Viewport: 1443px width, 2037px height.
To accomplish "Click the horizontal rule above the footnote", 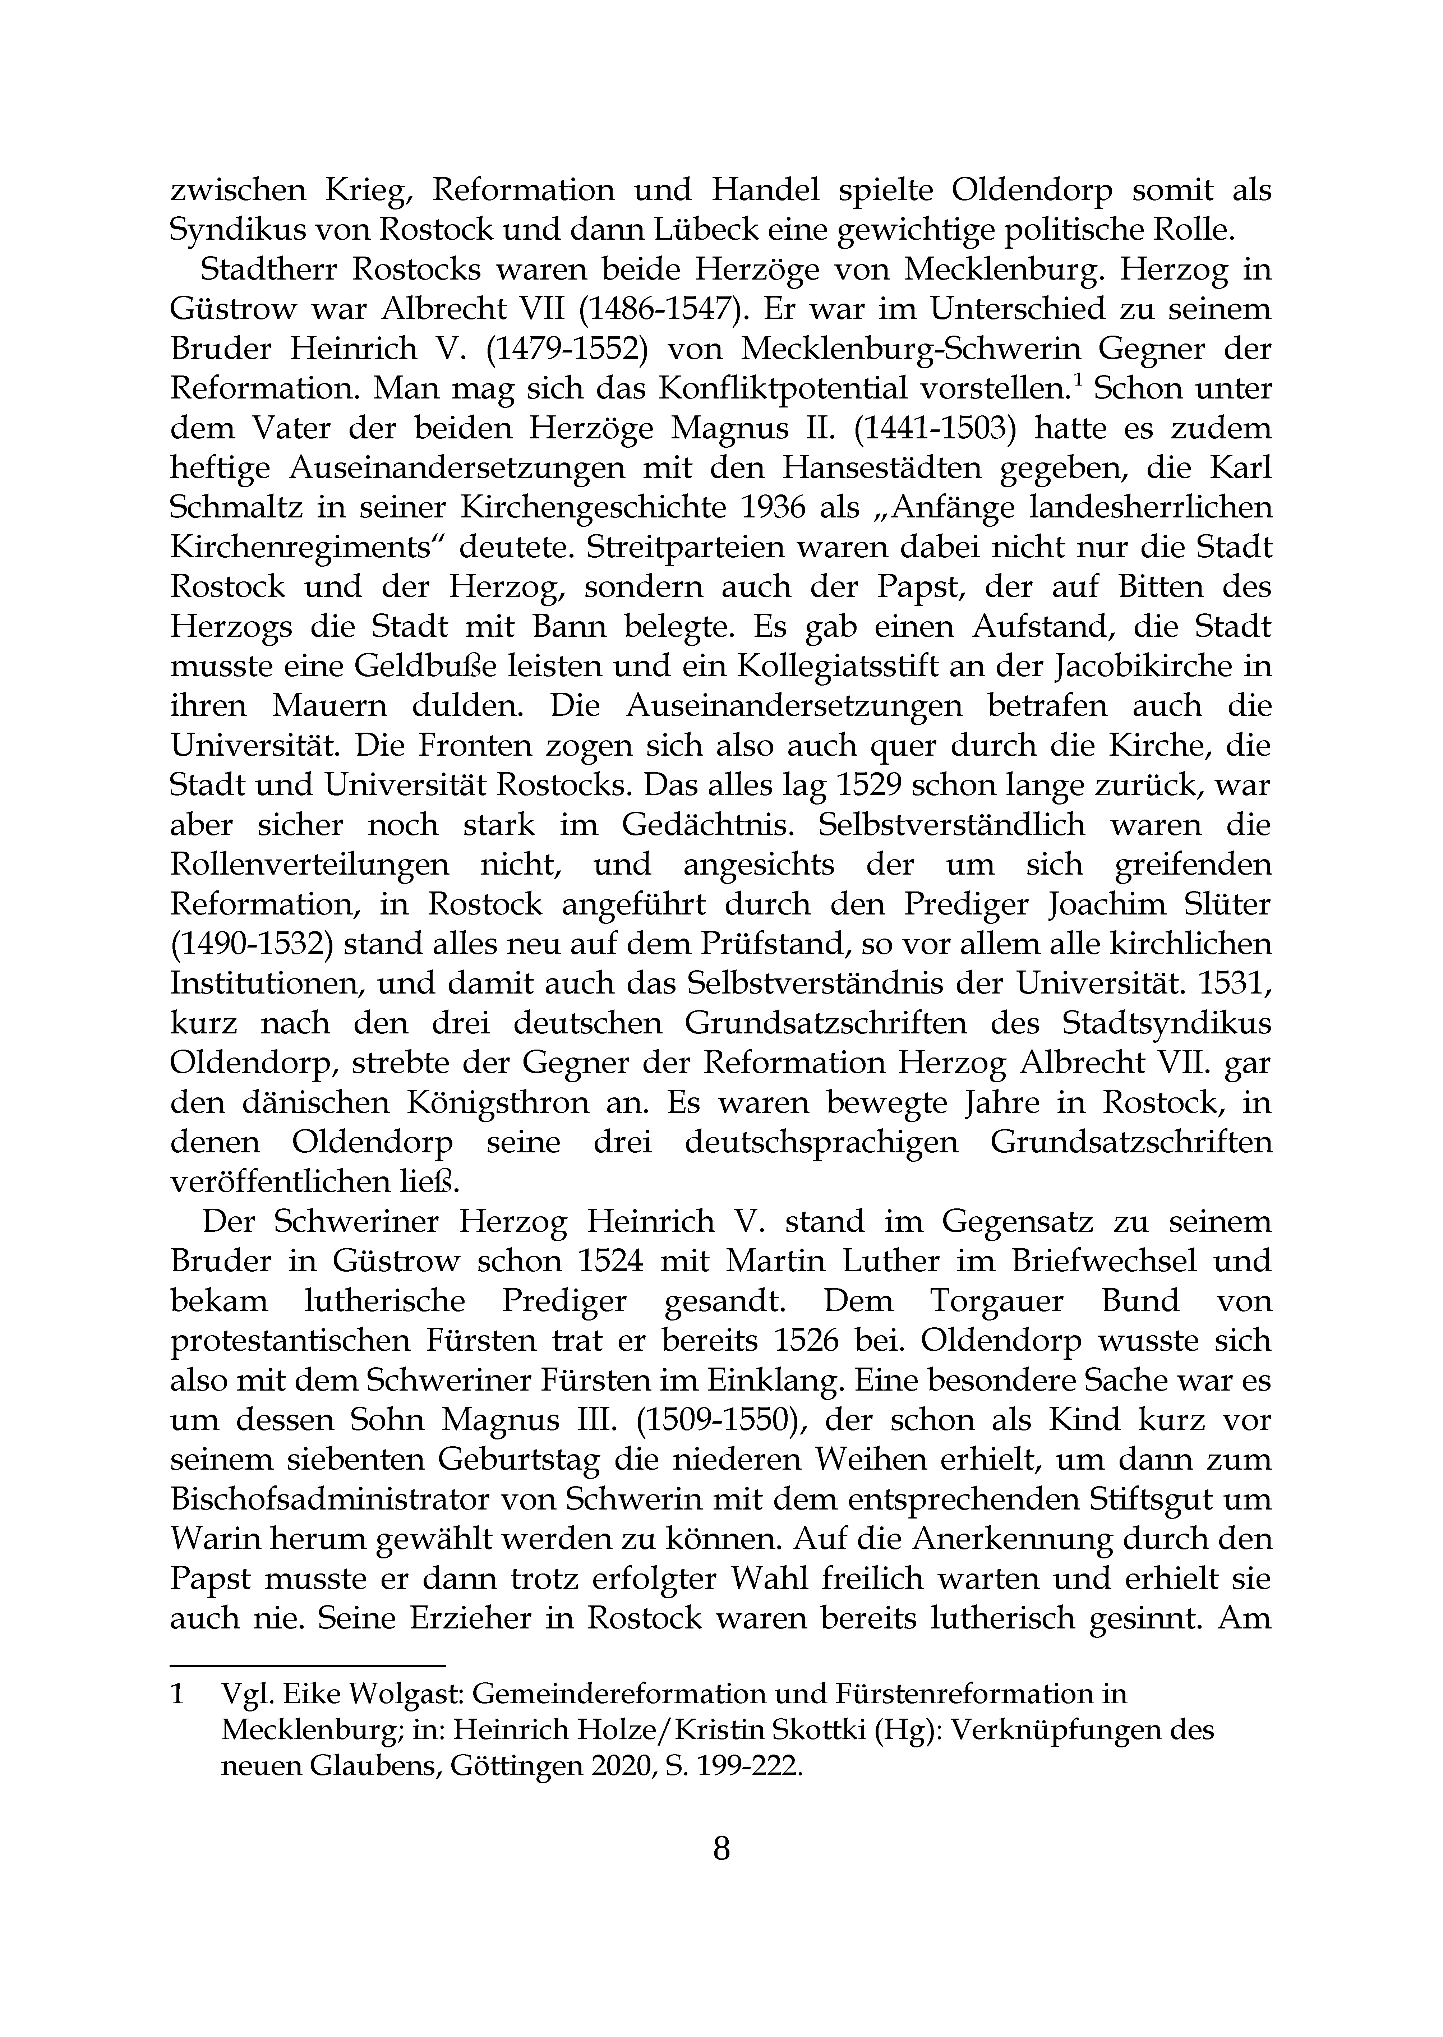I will pyautogui.click(x=306, y=1667).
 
